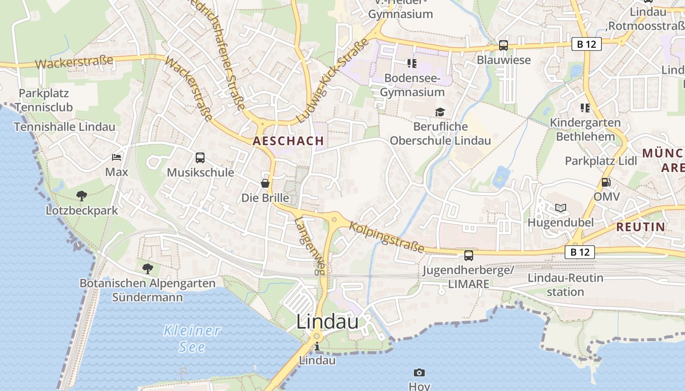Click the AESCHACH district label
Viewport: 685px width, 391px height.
click(288, 141)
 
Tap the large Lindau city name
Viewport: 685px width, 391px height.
click(328, 322)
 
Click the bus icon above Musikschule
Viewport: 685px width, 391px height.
click(200, 157)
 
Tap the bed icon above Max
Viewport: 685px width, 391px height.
click(116, 157)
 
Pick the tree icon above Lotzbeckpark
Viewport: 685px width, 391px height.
click(82, 195)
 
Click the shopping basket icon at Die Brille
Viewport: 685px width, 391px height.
click(265, 183)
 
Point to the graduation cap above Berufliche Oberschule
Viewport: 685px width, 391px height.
click(440, 112)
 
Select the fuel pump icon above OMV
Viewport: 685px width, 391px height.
click(606, 182)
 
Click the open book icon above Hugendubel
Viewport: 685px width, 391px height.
click(560, 208)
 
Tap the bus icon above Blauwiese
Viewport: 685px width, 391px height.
click(503, 45)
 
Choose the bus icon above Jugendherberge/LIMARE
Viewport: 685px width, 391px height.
click(469, 255)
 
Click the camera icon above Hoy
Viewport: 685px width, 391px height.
click(419, 372)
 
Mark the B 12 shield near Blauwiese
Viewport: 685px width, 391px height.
click(586, 44)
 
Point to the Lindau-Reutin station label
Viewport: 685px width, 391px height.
click(565, 284)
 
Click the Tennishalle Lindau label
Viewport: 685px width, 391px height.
click(65, 127)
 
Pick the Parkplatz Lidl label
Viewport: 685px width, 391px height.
click(601, 161)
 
